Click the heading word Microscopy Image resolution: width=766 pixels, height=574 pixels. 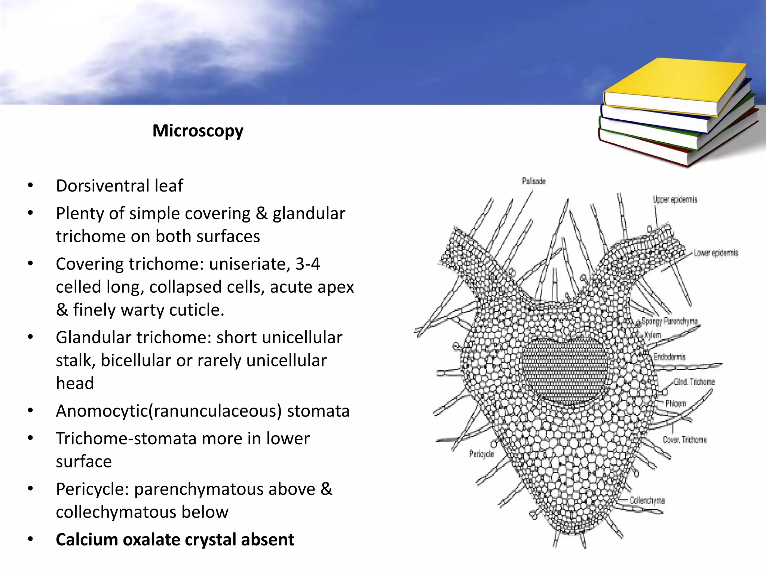[x=198, y=131]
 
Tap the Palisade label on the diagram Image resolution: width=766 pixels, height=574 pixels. [x=534, y=181]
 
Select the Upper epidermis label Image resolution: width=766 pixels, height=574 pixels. [x=675, y=199]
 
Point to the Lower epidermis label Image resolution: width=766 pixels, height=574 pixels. [x=716, y=253]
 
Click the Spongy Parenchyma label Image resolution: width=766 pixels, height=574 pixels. [x=670, y=321]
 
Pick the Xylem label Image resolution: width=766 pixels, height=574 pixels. [x=653, y=335]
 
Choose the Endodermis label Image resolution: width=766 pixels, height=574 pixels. [x=670, y=357]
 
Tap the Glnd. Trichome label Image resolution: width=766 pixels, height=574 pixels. [x=694, y=382]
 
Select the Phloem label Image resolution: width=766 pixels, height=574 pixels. [x=676, y=403]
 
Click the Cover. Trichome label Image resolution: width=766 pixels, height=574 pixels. [x=684, y=440]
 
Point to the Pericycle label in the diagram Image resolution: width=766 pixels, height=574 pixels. [x=481, y=454]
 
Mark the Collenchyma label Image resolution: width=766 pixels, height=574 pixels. [x=647, y=500]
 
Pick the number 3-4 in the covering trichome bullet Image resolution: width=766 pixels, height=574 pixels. [x=307, y=264]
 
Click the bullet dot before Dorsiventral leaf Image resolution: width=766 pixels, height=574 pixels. [x=31, y=186]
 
